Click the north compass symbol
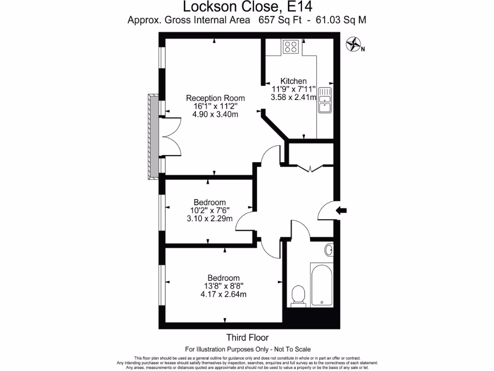[354, 44]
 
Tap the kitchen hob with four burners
[291, 46]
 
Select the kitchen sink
[325, 100]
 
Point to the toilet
[299, 295]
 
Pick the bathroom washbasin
[329, 250]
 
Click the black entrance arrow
[341, 210]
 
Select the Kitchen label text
[293, 81]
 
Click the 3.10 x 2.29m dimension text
[209, 218]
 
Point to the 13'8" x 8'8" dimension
[223, 286]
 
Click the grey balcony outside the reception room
[153, 137]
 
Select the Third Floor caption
[247, 338]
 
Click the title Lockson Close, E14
[247, 7]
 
